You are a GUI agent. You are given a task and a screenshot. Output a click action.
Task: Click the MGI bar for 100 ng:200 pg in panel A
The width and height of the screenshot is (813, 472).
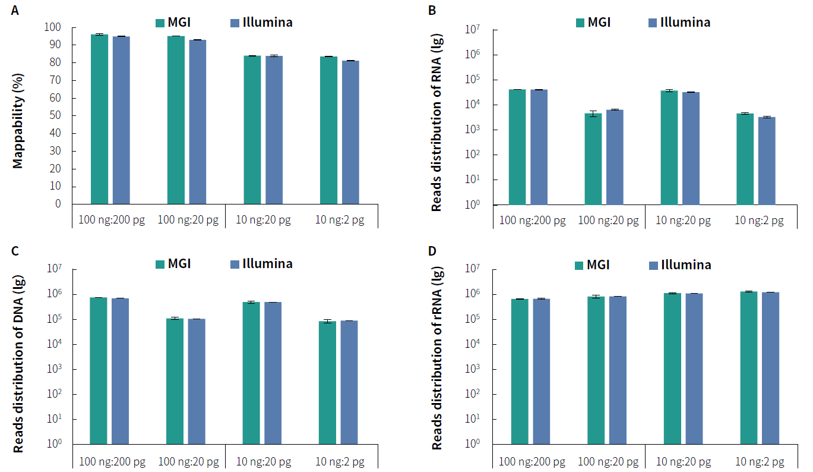click(x=99, y=119)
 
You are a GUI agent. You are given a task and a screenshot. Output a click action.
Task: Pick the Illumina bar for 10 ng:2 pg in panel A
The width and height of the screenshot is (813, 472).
click(x=350, y=132)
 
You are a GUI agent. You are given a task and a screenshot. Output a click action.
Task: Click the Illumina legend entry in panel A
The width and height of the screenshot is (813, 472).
click(x=261, y=23)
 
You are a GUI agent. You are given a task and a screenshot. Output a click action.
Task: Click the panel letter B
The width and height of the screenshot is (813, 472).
click(x=432, y=10)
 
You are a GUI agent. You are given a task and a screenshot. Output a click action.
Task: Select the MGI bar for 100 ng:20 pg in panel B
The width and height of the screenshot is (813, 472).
click(x=593, y=159)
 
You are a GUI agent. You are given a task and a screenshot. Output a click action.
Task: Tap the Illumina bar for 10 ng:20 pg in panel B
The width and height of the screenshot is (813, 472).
click(x=691, y=148)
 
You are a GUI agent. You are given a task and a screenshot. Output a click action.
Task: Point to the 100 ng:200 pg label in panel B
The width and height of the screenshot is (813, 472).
click(x=532, y=221)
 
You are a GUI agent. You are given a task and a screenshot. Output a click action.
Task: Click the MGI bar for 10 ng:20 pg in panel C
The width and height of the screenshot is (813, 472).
click(x=252, y=373)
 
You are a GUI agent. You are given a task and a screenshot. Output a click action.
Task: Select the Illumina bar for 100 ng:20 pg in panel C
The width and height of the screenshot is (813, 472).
click(x=197, y=382)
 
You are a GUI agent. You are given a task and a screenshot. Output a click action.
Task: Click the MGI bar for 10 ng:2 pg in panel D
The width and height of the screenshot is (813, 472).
click(x=749, y=367)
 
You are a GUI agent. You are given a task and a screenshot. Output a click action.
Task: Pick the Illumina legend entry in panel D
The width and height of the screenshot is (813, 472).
click(x=680, y=265)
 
